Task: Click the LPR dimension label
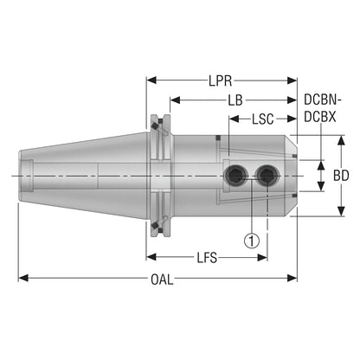221,81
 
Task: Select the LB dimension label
235,100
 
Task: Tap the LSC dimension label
263,119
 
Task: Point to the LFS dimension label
207,258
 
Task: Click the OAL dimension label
162,280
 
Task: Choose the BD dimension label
341,176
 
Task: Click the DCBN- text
323,100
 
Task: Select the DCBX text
320,117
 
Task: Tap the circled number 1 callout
252,240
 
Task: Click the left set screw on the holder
236,176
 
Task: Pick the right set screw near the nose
267,176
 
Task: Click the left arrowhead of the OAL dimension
23,279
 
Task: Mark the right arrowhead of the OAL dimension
292,279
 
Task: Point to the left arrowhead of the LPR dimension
151,80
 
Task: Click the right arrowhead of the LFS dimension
262,257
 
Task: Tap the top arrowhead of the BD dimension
342,140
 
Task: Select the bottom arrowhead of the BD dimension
342,211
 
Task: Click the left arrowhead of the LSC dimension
235,119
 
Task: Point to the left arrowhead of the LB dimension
175,100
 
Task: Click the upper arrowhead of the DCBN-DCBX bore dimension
321,165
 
